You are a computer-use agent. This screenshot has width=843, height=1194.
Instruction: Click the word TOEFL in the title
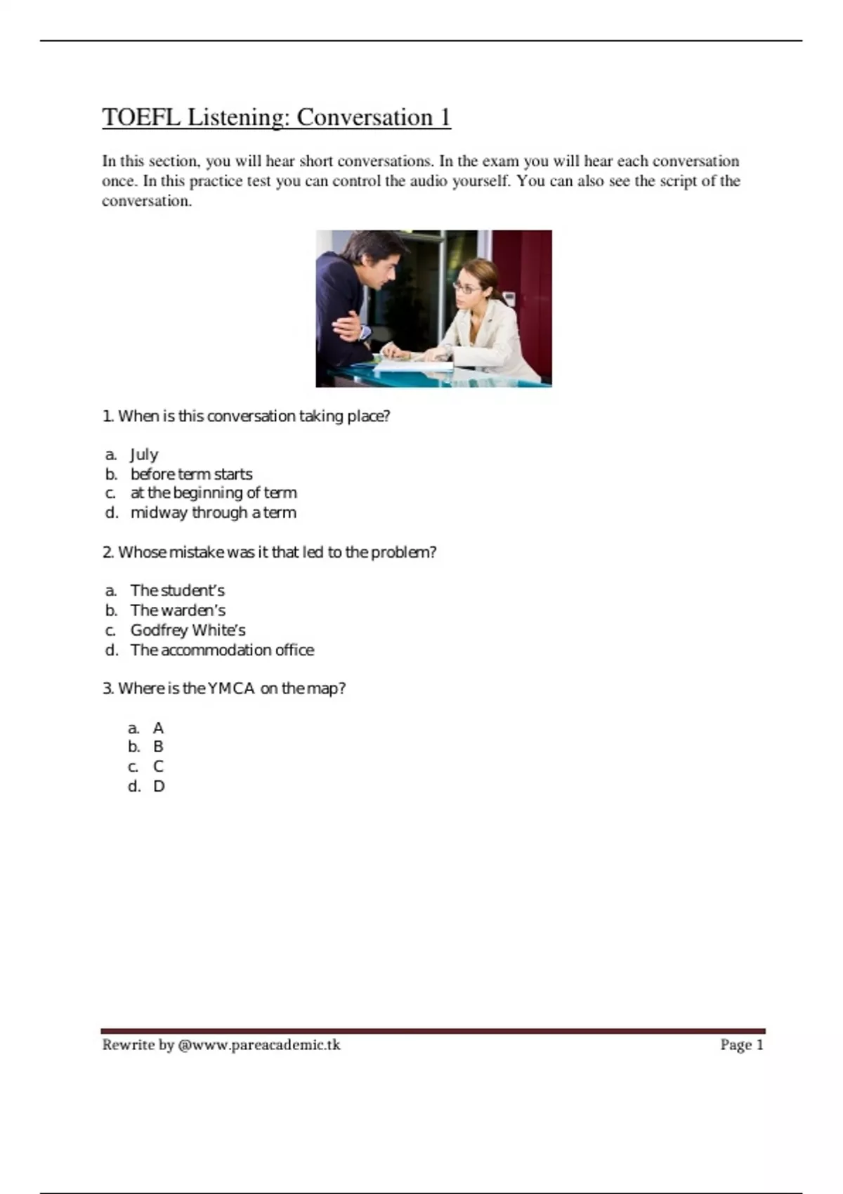pyautogui.click(x=140, y=117)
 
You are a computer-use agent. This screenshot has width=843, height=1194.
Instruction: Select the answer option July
pyautogui.click(x=144, y=454)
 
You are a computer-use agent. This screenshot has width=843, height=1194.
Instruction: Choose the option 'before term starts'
pyautogui.click(x=191, y=474)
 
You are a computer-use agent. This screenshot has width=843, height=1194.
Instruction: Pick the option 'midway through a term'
pyautogui.click(x=213, y=513)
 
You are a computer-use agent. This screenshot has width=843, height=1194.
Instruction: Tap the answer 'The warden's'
pyautogui.click(x=178, y=610)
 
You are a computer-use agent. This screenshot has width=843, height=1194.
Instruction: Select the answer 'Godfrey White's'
pyautogui.click(x=188, y=630)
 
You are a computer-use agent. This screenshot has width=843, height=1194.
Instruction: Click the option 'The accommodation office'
pyautogui.click(x=222, y=650)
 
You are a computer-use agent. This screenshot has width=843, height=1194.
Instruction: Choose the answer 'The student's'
pyautogui.click(x=177, y=591)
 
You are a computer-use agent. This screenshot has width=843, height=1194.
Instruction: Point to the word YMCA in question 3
pyautogui.click(x=231, y=688)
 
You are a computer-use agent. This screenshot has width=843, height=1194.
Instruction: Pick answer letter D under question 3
pyautogui.click(x=159, y=787)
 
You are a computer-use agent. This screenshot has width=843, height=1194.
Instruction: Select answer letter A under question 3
pyautogui.click(x=158, y=728)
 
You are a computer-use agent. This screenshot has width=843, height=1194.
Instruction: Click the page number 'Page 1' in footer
pyautogui.click(x=741, y=1045)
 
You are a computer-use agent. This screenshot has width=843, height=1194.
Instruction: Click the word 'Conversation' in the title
pyautogui.click(x=364, y=117)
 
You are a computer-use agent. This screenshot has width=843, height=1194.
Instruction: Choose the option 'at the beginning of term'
pyautogui.click(x=214, y=493)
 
